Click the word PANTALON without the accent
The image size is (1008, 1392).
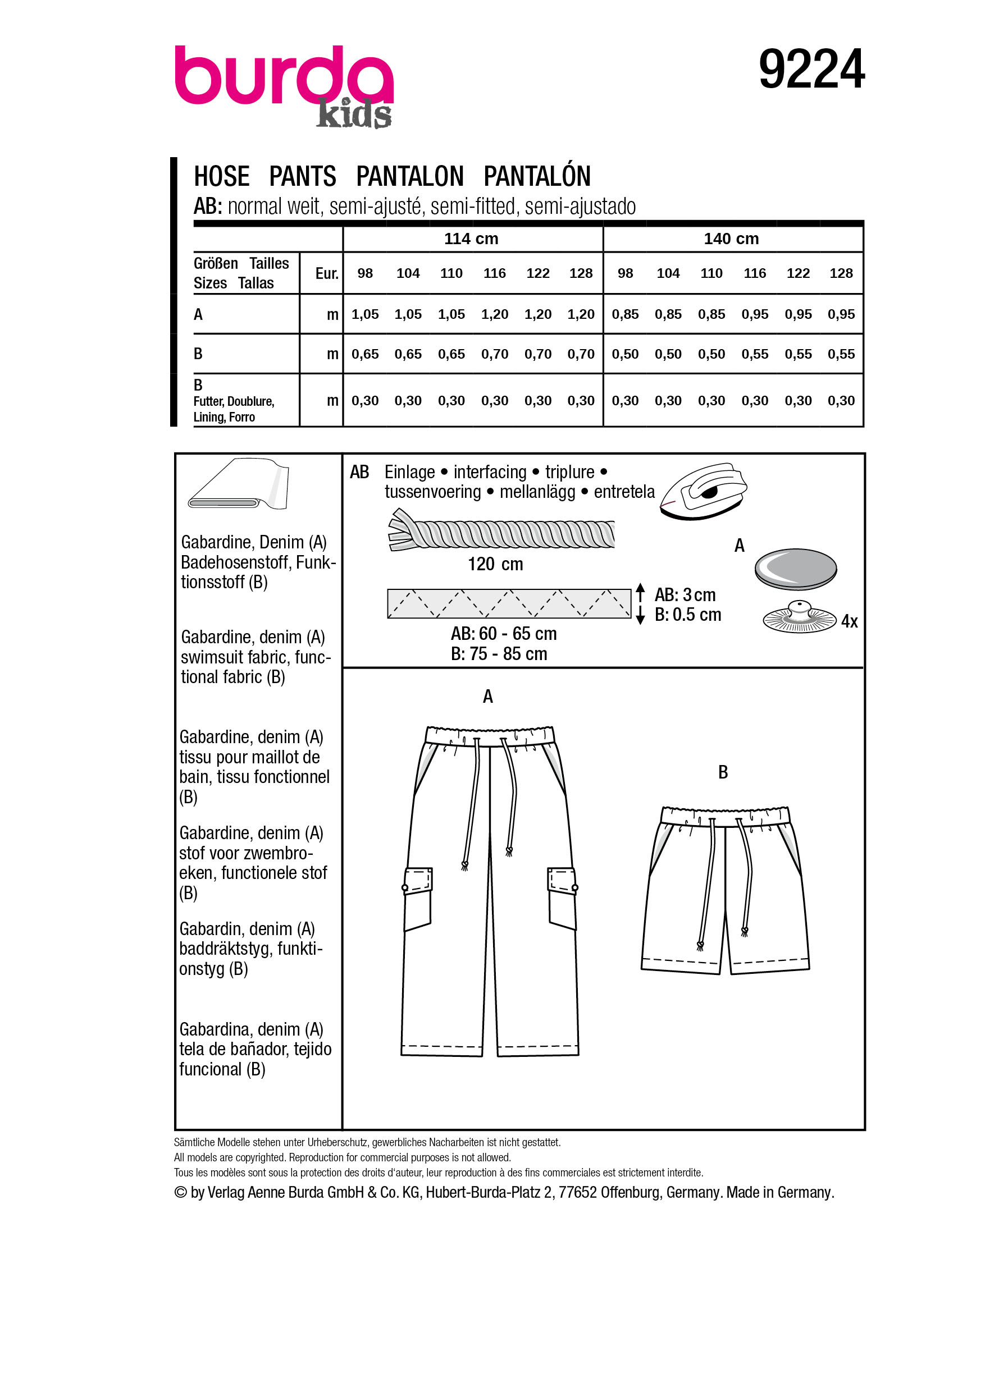point(409,177)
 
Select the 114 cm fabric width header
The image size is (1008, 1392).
point(471,239)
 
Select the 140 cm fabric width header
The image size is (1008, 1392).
point(731,239)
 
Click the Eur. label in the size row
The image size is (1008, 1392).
point(327,274)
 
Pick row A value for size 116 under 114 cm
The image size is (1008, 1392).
point(494,314)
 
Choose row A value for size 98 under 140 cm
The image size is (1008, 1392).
point(625,314)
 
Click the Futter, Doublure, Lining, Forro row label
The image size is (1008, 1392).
point(233,409)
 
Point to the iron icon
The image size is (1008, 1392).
point(704,491)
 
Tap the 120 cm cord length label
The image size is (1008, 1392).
point(495,564)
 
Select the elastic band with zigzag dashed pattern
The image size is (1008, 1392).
point(509,603)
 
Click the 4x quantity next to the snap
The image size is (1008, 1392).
point(849,621)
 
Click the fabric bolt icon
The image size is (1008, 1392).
point(238,484)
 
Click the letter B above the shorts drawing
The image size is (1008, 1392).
point(723,772)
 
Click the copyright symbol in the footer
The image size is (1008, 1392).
point(180,1192)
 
